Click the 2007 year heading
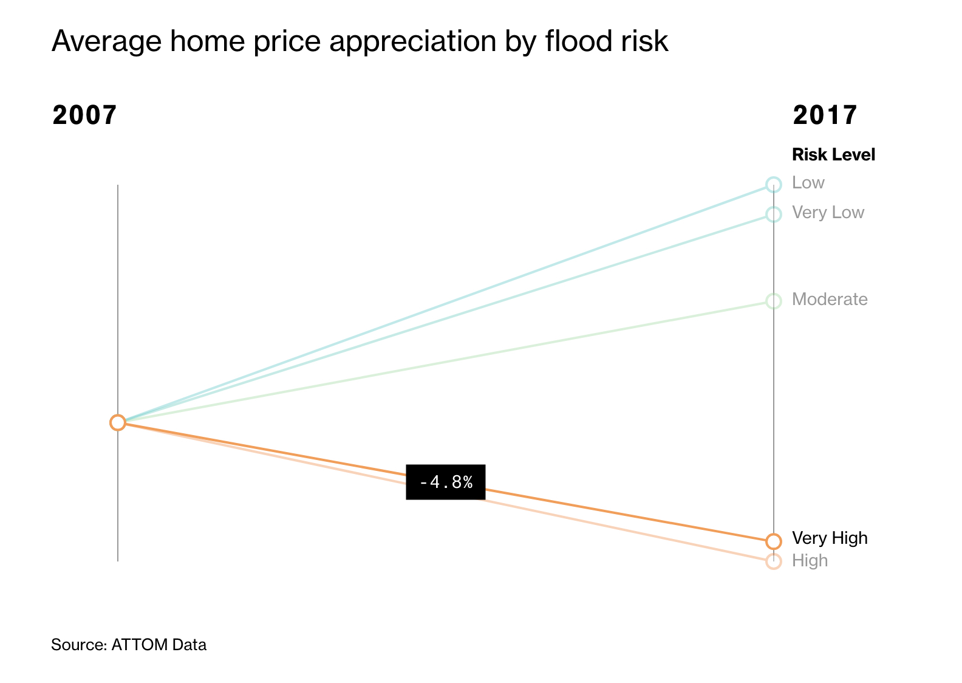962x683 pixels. (84, 115)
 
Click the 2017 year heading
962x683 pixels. (825, 115)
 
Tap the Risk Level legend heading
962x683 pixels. (833, 155)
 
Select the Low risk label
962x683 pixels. (808, 183)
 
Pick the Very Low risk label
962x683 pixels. (828, 213)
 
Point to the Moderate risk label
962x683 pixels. (830, 300)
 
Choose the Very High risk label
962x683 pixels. (830, 538)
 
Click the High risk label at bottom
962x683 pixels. (810, 561)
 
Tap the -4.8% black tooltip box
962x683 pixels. (446, 482)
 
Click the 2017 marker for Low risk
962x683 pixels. (773, 184)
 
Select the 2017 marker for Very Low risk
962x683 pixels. (773, 214)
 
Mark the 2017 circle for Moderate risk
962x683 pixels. (773, 301)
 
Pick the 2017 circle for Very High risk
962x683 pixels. (773, 541)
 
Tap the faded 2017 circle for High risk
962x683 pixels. (773, 561)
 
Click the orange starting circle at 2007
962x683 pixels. (118, 422)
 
